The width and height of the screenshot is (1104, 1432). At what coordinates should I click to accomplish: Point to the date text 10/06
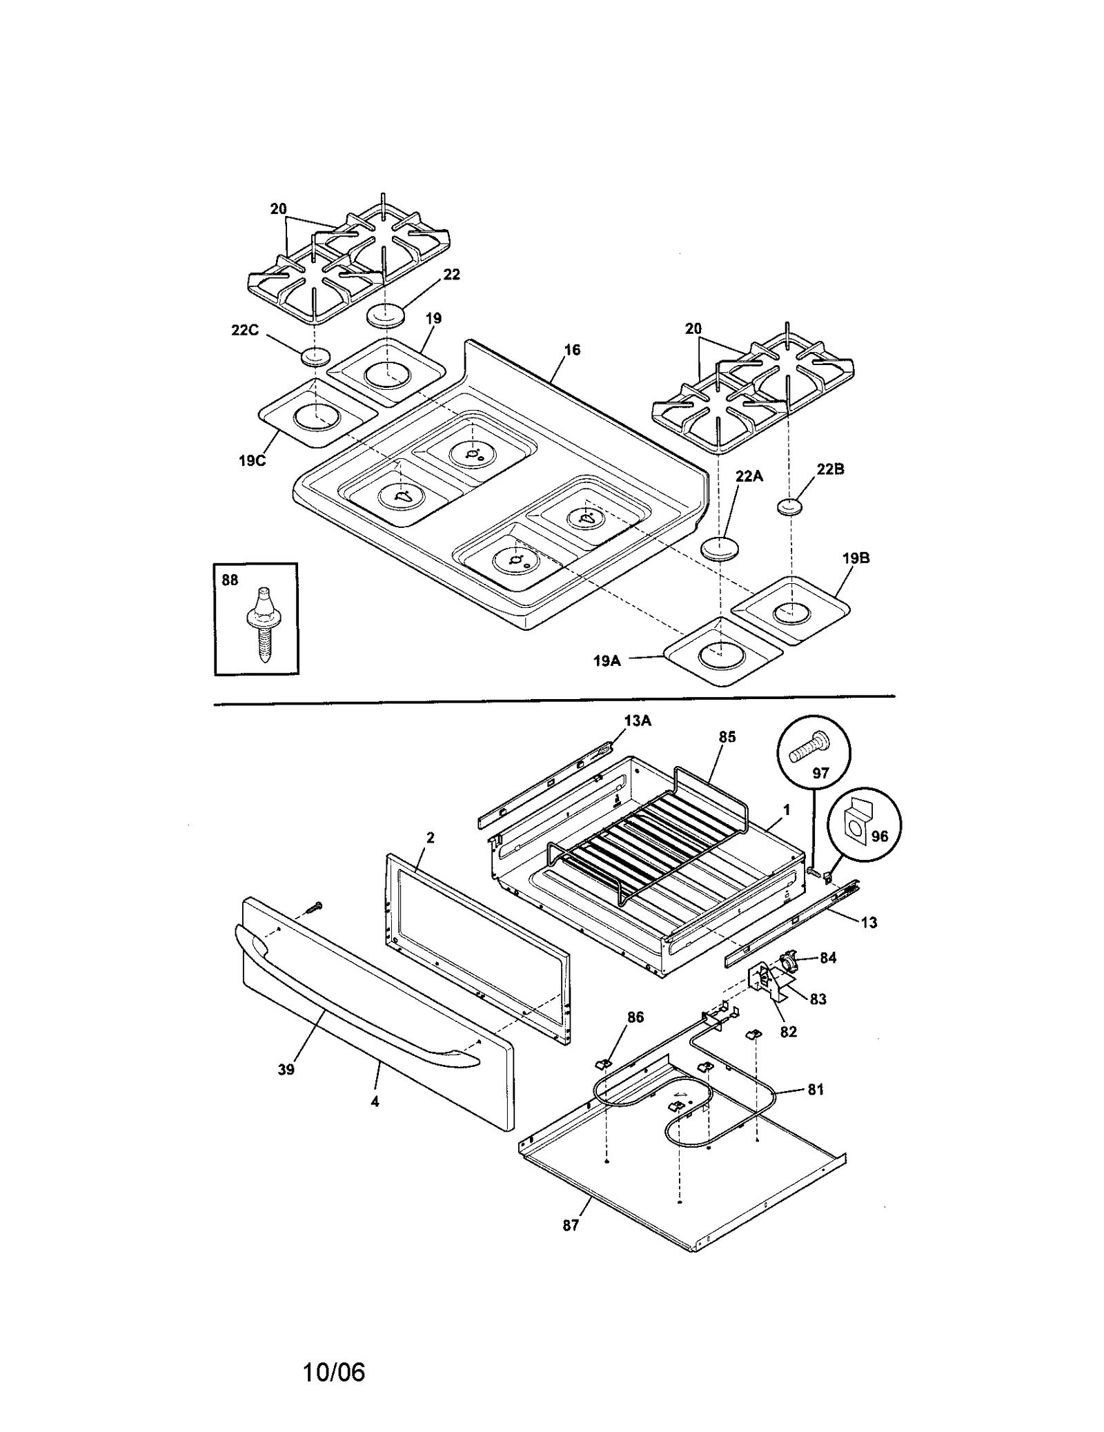tap(333, 1372)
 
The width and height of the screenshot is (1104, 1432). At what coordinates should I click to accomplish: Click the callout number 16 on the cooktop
tap(572, 350)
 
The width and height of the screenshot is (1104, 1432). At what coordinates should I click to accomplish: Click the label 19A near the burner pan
tap(607, 660)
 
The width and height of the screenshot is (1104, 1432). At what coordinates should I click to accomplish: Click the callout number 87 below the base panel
tap(570, 1225)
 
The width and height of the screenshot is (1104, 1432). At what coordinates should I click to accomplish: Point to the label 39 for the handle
tap(286, 1069)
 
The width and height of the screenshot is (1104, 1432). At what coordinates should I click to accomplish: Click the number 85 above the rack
tap(727, 737)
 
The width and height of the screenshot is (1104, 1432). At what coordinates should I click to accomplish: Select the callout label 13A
tap(637, 720)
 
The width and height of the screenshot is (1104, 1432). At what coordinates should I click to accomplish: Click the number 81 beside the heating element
tap(816, 1090)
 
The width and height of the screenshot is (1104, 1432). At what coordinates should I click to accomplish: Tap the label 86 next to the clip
tap(635, 1037)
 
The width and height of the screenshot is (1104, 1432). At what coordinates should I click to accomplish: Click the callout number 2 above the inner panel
tap(430, 838)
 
